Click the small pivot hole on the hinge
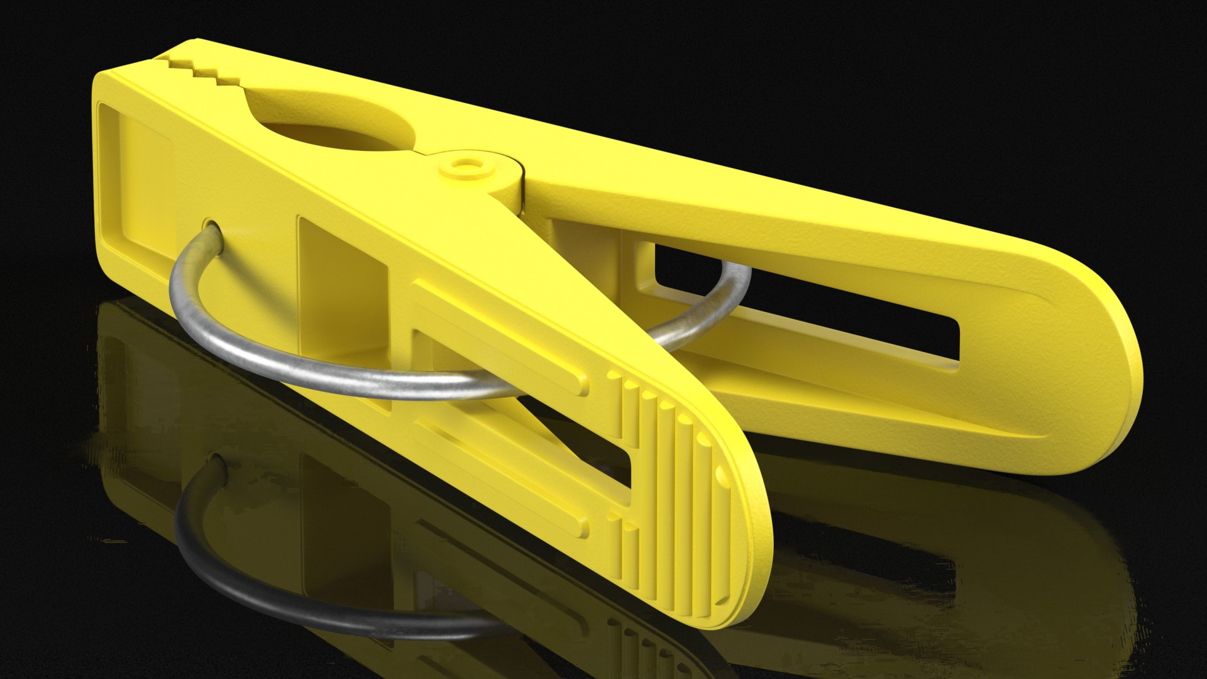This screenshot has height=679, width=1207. point(465,166)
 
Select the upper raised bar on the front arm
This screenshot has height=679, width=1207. point(497,339)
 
